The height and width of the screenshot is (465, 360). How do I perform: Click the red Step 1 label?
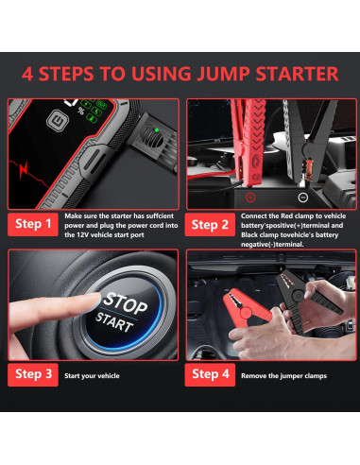33,224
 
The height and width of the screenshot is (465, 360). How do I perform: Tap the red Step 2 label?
210,224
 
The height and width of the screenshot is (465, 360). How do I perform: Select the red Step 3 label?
33,374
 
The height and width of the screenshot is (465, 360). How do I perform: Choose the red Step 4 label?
210,374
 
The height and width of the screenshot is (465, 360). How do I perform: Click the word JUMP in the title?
223,74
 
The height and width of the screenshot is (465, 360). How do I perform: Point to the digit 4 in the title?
27,74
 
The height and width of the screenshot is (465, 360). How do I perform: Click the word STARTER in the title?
297,74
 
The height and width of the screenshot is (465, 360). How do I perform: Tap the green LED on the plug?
157,129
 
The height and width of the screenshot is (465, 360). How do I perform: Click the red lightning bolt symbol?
24,170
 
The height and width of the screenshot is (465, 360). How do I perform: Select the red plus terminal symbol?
250,198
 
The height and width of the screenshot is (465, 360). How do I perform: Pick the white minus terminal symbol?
303,198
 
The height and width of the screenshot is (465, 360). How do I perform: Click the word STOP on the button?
125,303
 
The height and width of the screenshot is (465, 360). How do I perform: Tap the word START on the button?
114,322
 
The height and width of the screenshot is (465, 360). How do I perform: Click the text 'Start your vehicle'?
92,376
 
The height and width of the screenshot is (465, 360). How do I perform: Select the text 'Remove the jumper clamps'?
283,376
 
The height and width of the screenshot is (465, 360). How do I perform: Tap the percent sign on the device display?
81,111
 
